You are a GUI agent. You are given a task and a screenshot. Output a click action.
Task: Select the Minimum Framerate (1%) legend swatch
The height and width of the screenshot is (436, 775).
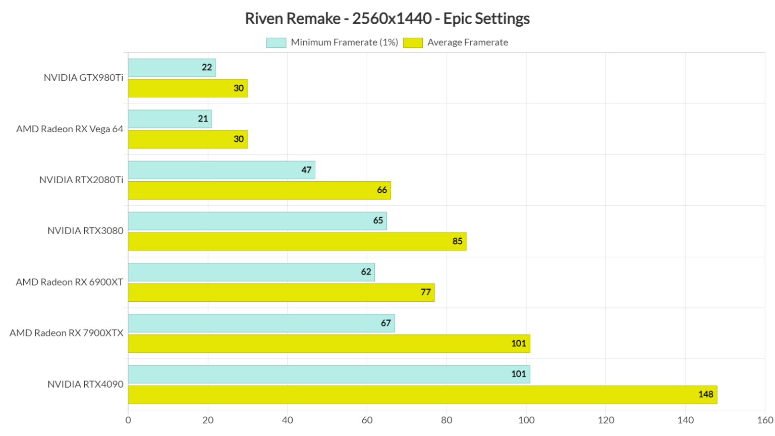click(276, 43)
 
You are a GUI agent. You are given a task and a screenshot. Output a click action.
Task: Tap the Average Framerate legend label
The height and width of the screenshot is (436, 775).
click(467, 43)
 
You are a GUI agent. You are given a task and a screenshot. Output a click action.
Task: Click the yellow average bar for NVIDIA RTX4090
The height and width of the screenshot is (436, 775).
click(422, 395)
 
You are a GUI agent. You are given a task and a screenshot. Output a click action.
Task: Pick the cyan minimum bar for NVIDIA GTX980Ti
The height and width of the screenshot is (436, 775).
click(172, 68)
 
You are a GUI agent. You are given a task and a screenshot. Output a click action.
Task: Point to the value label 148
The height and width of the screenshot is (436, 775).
click(705, 395)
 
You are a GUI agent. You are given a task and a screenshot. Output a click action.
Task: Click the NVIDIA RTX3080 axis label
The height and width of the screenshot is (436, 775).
click(85, 231)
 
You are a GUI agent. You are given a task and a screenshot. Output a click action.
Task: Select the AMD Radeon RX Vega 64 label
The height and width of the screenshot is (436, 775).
click(70, 129)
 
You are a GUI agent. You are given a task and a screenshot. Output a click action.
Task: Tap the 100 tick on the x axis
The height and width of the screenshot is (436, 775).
click(526, 420)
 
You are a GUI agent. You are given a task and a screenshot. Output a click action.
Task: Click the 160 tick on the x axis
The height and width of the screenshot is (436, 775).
click(765, 420)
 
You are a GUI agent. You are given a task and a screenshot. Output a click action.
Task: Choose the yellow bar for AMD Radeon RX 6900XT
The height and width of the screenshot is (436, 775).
click(281, 293)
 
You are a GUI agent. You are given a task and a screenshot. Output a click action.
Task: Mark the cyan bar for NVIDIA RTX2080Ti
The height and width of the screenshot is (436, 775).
click(222, 170)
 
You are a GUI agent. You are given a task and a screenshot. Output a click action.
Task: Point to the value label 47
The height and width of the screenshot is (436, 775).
click(306, 170)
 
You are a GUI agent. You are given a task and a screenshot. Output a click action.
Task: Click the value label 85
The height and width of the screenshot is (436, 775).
click(457, 241)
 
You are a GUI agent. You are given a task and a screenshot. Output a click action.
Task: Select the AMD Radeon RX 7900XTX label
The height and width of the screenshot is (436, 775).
click(67, 333)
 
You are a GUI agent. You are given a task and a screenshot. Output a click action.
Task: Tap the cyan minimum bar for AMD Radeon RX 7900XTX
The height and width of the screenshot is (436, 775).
click(261, 323)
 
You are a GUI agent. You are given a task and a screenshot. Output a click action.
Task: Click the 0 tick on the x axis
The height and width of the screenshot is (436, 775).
click(128, 420)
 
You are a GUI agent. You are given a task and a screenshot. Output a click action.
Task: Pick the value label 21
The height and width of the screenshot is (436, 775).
click(203, 119)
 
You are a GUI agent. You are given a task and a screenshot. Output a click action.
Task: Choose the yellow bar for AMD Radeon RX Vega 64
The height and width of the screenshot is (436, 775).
click(188, 139)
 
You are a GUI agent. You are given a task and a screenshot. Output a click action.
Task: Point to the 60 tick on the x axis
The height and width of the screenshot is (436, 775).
click(367, 420)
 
